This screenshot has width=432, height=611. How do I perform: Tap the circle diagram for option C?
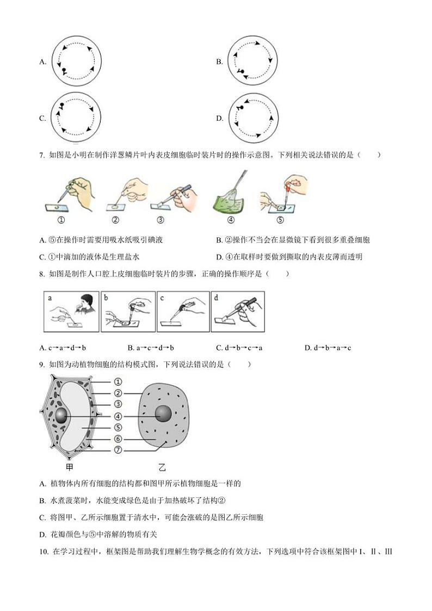[x=77, y=118]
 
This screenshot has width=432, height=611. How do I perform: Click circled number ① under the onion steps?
[x=61, y=220]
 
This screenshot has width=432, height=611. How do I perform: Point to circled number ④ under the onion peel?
[x=230, y=220]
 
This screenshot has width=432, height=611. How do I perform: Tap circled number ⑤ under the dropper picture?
[x=280, y=220]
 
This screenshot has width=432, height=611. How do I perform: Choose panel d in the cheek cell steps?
[x=238, y=311]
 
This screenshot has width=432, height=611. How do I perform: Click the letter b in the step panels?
[x=107, y=298]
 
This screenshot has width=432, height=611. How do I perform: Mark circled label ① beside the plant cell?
[x=118, y=382]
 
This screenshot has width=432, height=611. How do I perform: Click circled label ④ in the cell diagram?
[x=118, y=416]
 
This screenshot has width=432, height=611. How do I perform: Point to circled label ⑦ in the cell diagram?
[x=118, y=450]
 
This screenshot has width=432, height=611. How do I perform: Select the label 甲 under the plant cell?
[x=69, y=466]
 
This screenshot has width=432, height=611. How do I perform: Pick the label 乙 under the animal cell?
[x=162, y=467]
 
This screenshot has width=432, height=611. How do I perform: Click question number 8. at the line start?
[x=42, y=274]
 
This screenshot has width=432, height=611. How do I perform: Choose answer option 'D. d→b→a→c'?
[x=328, y=348]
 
